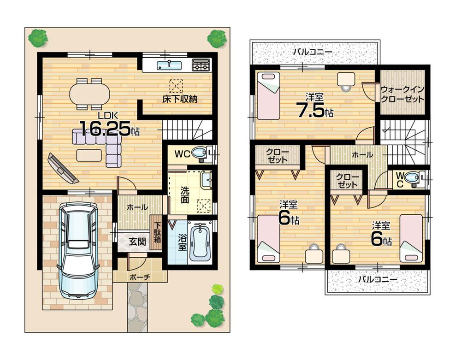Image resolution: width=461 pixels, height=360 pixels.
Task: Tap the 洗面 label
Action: coord(185,195)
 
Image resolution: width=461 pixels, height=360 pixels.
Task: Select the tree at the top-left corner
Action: coord(38,38)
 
